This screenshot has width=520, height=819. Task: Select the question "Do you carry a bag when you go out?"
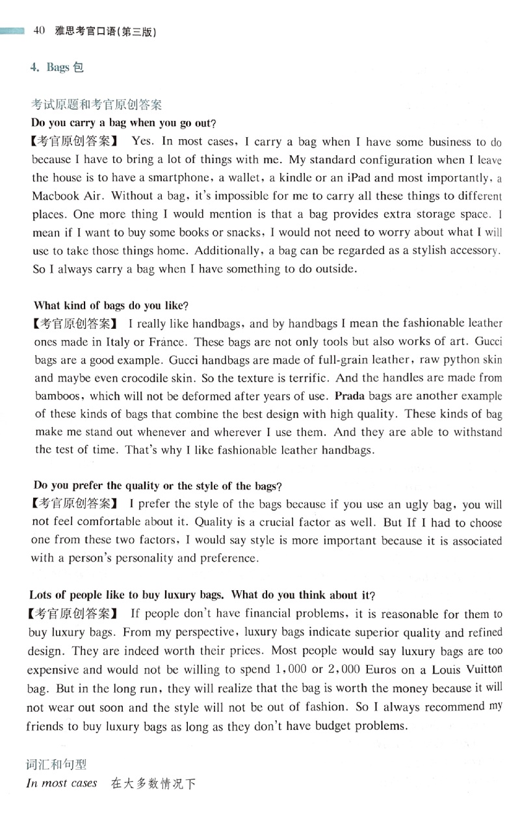[123, 122]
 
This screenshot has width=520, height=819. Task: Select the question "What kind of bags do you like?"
[114, 305]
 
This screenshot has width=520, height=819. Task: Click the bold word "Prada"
[349, 395]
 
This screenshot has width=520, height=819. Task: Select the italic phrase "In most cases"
[62, 783]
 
